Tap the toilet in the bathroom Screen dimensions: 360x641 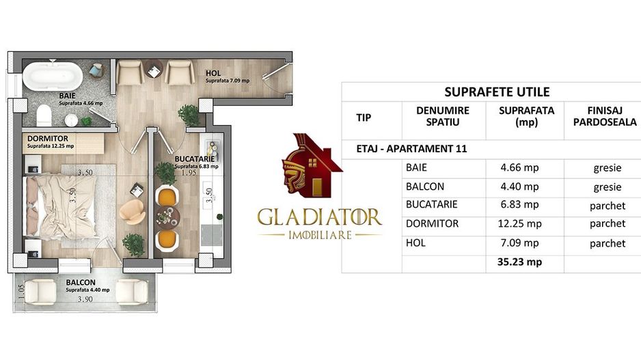[43, 113]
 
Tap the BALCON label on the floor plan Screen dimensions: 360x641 [81, 282]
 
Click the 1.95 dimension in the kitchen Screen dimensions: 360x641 [188, 173]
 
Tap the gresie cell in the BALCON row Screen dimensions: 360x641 [608, 186]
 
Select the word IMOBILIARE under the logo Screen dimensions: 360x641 [319, 235]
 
